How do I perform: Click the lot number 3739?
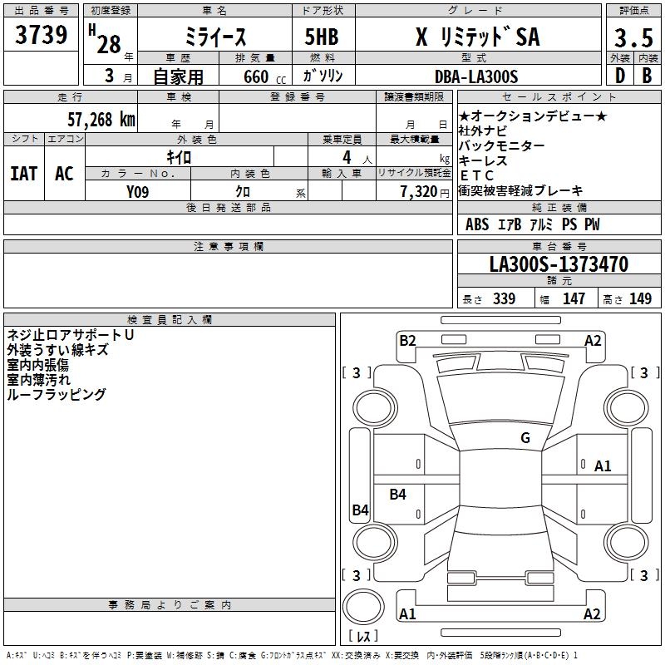click(x=42, y=36)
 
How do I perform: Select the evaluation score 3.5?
click(x=632, y=37)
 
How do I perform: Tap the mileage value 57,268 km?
click(x=100, y=120)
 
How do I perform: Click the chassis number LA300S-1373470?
click(x=558, y=265)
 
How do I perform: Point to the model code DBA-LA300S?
click(x=475, y=76)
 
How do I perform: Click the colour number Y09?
click(x=138, y=191)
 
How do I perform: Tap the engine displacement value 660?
click(x=255, y=76)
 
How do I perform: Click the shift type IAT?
click(x=23, y=174)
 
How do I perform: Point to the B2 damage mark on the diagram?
click(x=407, y=340)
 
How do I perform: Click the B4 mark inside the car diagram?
click(x=398, y=495)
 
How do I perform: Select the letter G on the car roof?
click(x=525, y=438)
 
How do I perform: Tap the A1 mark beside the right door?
click(x=603, y=466)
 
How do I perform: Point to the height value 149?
click(x=640, y=299)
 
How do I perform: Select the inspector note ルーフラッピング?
click(x=56, y=395)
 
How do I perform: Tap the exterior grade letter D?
click(x=618, y=76)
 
